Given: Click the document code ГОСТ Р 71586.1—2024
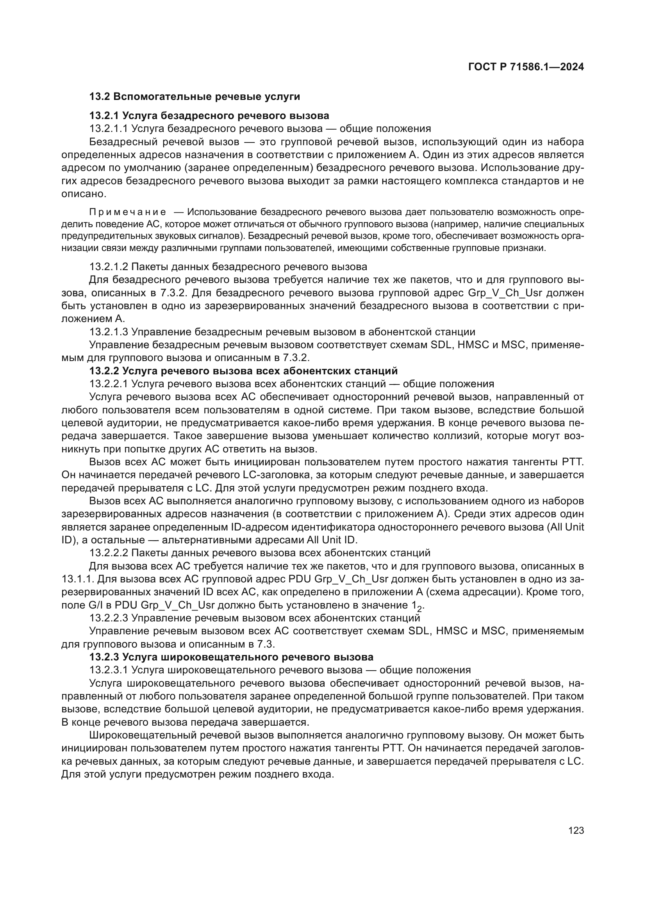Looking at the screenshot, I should tap(526, 67).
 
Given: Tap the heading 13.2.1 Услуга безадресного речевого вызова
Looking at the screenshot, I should tap(209, 116).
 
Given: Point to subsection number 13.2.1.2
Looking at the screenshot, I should tap(109, 267).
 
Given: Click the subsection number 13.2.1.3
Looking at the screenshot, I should tap(109, 332).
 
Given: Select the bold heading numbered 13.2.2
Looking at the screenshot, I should tap(243, 371).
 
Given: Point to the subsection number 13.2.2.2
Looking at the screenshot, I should tap(109, 553).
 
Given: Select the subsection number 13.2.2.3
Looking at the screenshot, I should tap(109, 618).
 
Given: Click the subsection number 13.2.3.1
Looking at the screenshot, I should tap(109, 670).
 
